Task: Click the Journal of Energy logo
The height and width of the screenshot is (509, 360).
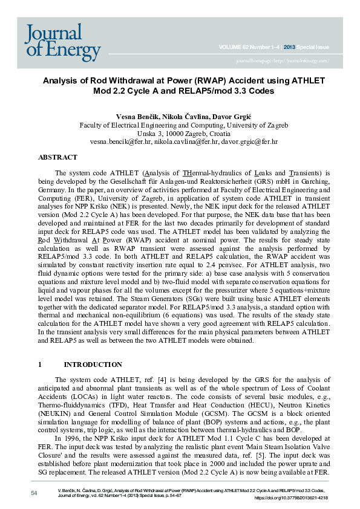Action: (63, 42)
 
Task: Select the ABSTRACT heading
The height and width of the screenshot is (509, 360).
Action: (57, 157)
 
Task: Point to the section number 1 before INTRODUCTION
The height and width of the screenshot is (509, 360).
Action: (40, 365)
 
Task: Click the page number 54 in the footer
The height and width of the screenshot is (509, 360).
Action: (34, 494)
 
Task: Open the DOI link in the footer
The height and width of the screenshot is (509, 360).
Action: (291, 498)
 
